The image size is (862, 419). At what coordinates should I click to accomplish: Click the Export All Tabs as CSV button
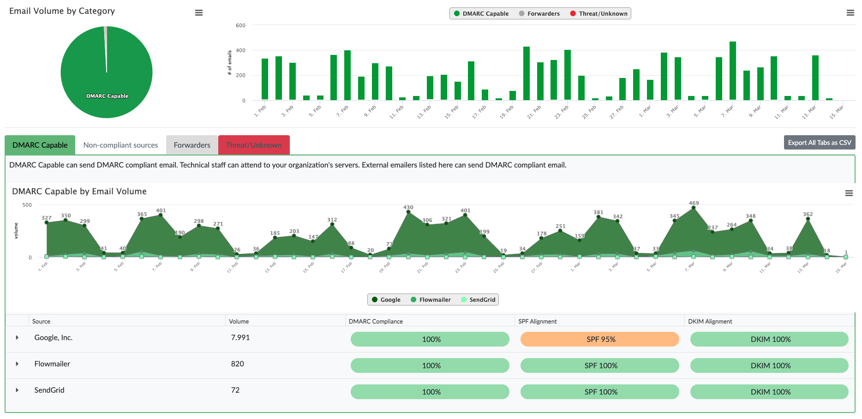tap(819, 143)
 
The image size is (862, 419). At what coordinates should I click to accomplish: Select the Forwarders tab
tap(192, 145)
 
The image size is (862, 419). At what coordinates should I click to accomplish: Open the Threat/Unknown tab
tap(254, 145)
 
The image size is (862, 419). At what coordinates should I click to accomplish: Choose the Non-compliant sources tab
tap(120, 145)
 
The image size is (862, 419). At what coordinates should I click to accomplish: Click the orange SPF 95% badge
tap(599, 339)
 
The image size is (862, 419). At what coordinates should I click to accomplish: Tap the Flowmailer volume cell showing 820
tap(238, 364)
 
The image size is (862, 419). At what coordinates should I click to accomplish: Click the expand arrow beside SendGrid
tap(17, 390)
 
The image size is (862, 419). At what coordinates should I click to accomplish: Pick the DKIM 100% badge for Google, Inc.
tap(769, 339)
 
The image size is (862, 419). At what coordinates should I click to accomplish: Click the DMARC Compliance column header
tap(376, 321)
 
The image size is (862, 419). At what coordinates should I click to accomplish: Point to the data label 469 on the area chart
tap(694, 203)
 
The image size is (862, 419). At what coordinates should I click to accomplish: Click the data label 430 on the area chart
tap(408, 207)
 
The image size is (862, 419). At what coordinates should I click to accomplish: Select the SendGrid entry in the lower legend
tap(478, 299)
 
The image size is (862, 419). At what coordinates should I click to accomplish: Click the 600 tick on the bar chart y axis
tap(240, 25)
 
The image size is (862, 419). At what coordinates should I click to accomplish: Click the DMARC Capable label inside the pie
tap(107, 96)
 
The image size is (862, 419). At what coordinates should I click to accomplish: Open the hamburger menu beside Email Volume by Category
tap(199, 13)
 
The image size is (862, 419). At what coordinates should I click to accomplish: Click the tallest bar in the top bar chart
tap(732, 71)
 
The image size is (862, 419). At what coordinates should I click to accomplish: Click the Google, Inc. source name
tap(54, 337)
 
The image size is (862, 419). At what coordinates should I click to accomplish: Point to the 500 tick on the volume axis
tap(27, 205)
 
